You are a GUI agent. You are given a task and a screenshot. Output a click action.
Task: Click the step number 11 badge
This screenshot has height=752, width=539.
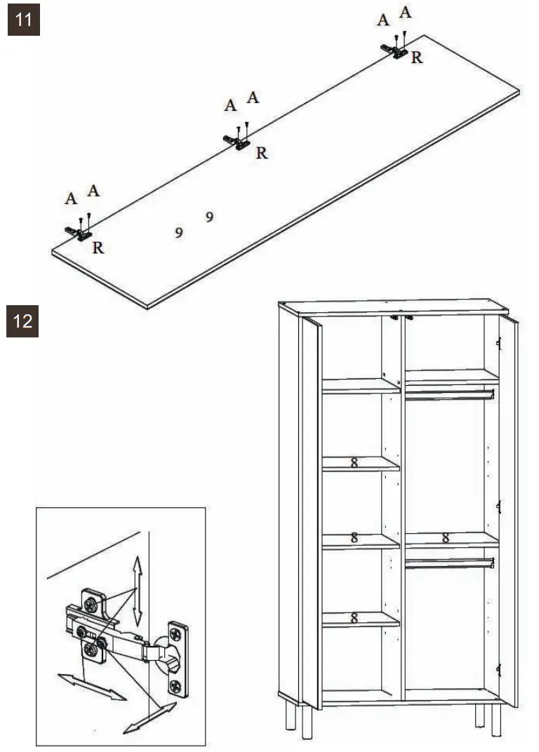23,20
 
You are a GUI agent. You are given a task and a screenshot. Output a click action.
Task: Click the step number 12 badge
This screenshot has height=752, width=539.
23,321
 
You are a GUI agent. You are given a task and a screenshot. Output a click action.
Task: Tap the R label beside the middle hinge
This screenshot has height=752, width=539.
262,153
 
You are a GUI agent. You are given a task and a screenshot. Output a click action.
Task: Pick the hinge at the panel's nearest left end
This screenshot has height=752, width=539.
80,231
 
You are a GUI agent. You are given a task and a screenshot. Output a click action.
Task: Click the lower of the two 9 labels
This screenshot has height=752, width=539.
179,233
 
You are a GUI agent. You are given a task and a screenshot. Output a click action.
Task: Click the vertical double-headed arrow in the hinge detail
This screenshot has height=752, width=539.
138,589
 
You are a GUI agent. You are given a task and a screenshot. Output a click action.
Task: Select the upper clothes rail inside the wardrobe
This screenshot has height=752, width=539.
450,394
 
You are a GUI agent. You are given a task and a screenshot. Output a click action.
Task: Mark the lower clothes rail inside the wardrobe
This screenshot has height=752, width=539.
450,563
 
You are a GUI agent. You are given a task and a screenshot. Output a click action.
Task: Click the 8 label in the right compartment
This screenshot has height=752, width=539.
445,539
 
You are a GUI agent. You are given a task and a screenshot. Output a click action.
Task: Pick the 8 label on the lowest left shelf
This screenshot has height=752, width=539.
354,618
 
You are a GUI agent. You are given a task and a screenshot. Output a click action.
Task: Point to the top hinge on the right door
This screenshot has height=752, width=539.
499,342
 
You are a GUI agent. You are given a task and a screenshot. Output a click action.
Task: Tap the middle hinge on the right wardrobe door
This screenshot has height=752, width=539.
499,506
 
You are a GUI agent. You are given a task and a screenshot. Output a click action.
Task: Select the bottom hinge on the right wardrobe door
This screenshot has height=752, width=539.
499,670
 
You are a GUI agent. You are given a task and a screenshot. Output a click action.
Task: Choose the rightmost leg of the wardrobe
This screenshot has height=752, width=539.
496,719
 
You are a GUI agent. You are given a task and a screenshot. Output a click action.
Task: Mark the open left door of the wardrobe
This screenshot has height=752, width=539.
311,512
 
